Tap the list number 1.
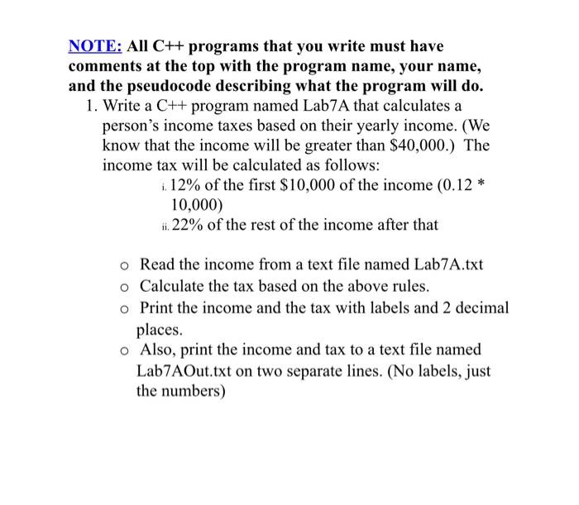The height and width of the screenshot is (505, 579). (x=89, y=107)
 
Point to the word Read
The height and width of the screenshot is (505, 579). (x=157, y=265)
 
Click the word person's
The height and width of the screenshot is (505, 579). (x=132, y=126)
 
